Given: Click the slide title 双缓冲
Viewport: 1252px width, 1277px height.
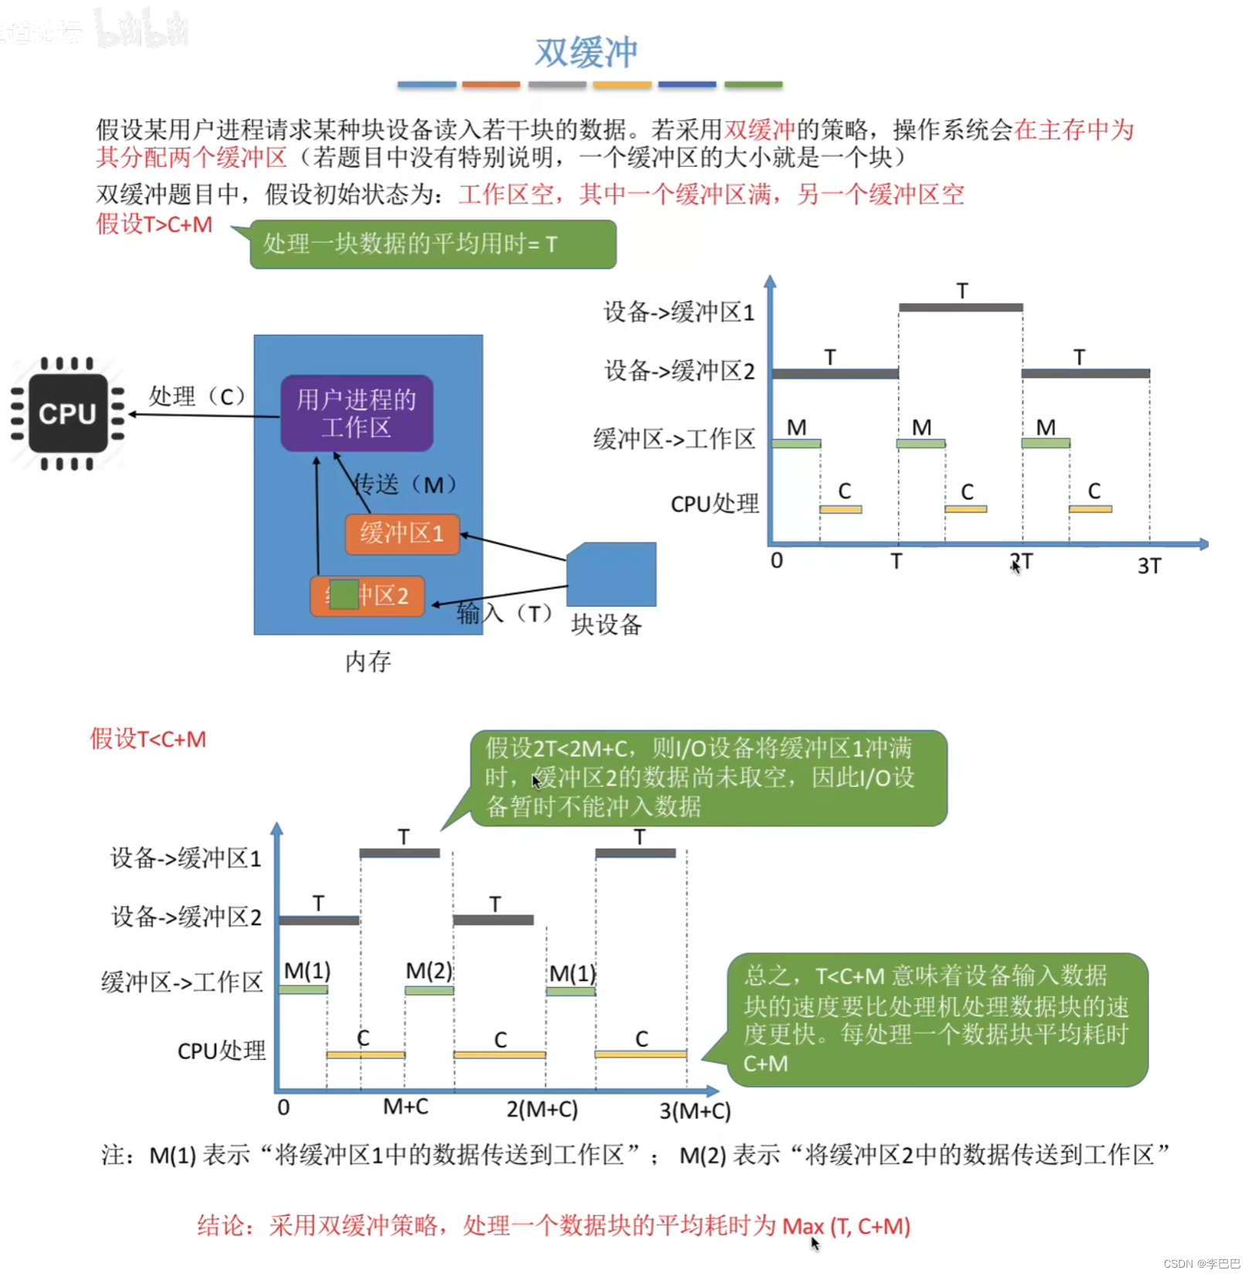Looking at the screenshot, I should point(586,53).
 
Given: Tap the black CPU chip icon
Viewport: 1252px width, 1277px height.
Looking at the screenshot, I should point(68,414).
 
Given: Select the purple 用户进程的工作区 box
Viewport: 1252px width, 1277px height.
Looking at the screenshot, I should point(356,414).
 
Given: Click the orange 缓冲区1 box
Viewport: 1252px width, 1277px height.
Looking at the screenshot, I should point(402,533).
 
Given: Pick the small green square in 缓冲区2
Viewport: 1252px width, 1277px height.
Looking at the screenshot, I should point(344,594).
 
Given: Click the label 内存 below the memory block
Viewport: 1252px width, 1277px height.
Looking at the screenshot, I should point(368,662).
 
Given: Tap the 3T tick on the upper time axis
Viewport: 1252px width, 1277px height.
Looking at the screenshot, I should point(1148,566).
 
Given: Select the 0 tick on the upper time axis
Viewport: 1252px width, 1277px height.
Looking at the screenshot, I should point(777,560).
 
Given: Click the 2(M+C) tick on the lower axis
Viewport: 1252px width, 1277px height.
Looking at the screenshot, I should point(542,1110).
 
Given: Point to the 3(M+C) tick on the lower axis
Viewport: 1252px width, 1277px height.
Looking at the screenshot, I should point(695,1111).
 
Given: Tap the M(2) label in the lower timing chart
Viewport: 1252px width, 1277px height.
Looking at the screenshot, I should point(429,971).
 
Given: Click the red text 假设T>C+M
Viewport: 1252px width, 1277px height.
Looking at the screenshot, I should point(154,224).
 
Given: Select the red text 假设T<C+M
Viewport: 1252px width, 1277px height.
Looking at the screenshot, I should point(148,739).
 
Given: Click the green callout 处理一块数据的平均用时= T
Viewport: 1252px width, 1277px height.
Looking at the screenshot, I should point(433,244).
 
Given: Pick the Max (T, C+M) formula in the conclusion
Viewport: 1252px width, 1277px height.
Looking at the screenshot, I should point(846,1226).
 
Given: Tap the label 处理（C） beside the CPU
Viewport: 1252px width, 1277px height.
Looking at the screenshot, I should point(197,397).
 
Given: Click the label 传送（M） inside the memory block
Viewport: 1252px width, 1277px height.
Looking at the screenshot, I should point(405,485).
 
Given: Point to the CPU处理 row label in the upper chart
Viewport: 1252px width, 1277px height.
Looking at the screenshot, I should point(715,504).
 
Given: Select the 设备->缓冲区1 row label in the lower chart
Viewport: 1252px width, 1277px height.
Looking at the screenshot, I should point(186,858).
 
